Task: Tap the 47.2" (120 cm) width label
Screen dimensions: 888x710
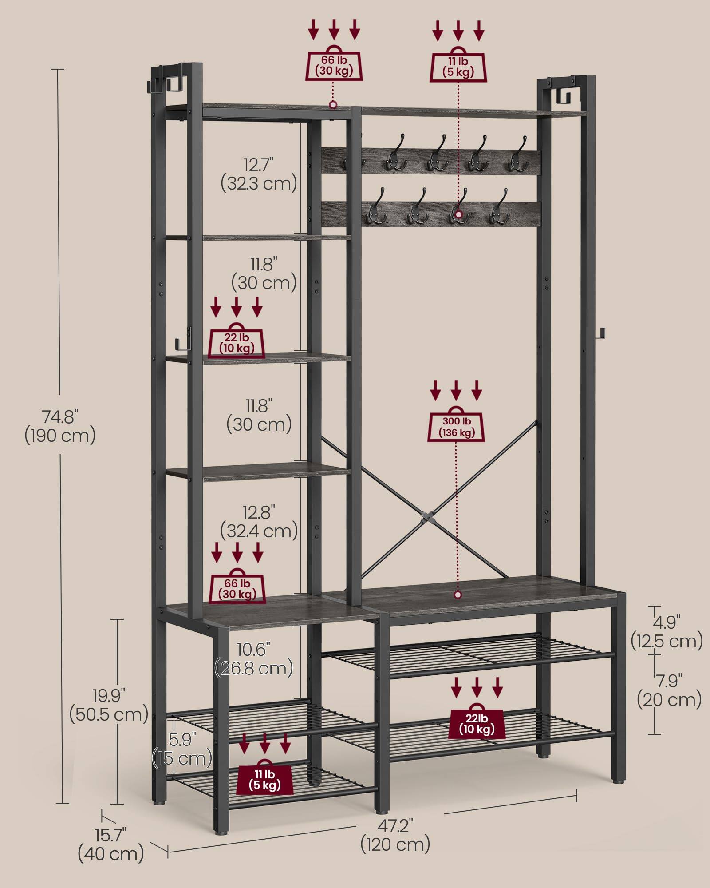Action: coord(395,835)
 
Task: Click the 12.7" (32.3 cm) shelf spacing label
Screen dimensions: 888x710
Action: coord(259,174)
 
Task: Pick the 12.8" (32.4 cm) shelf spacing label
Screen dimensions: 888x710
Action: coord(259,522)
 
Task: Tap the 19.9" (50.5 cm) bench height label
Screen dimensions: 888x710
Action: coord(109,705)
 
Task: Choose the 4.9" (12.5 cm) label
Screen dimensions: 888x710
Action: coord(667,632)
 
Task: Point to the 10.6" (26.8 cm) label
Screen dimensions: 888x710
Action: coord(254,659)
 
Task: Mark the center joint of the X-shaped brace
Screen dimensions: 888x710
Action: coord(427,518)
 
